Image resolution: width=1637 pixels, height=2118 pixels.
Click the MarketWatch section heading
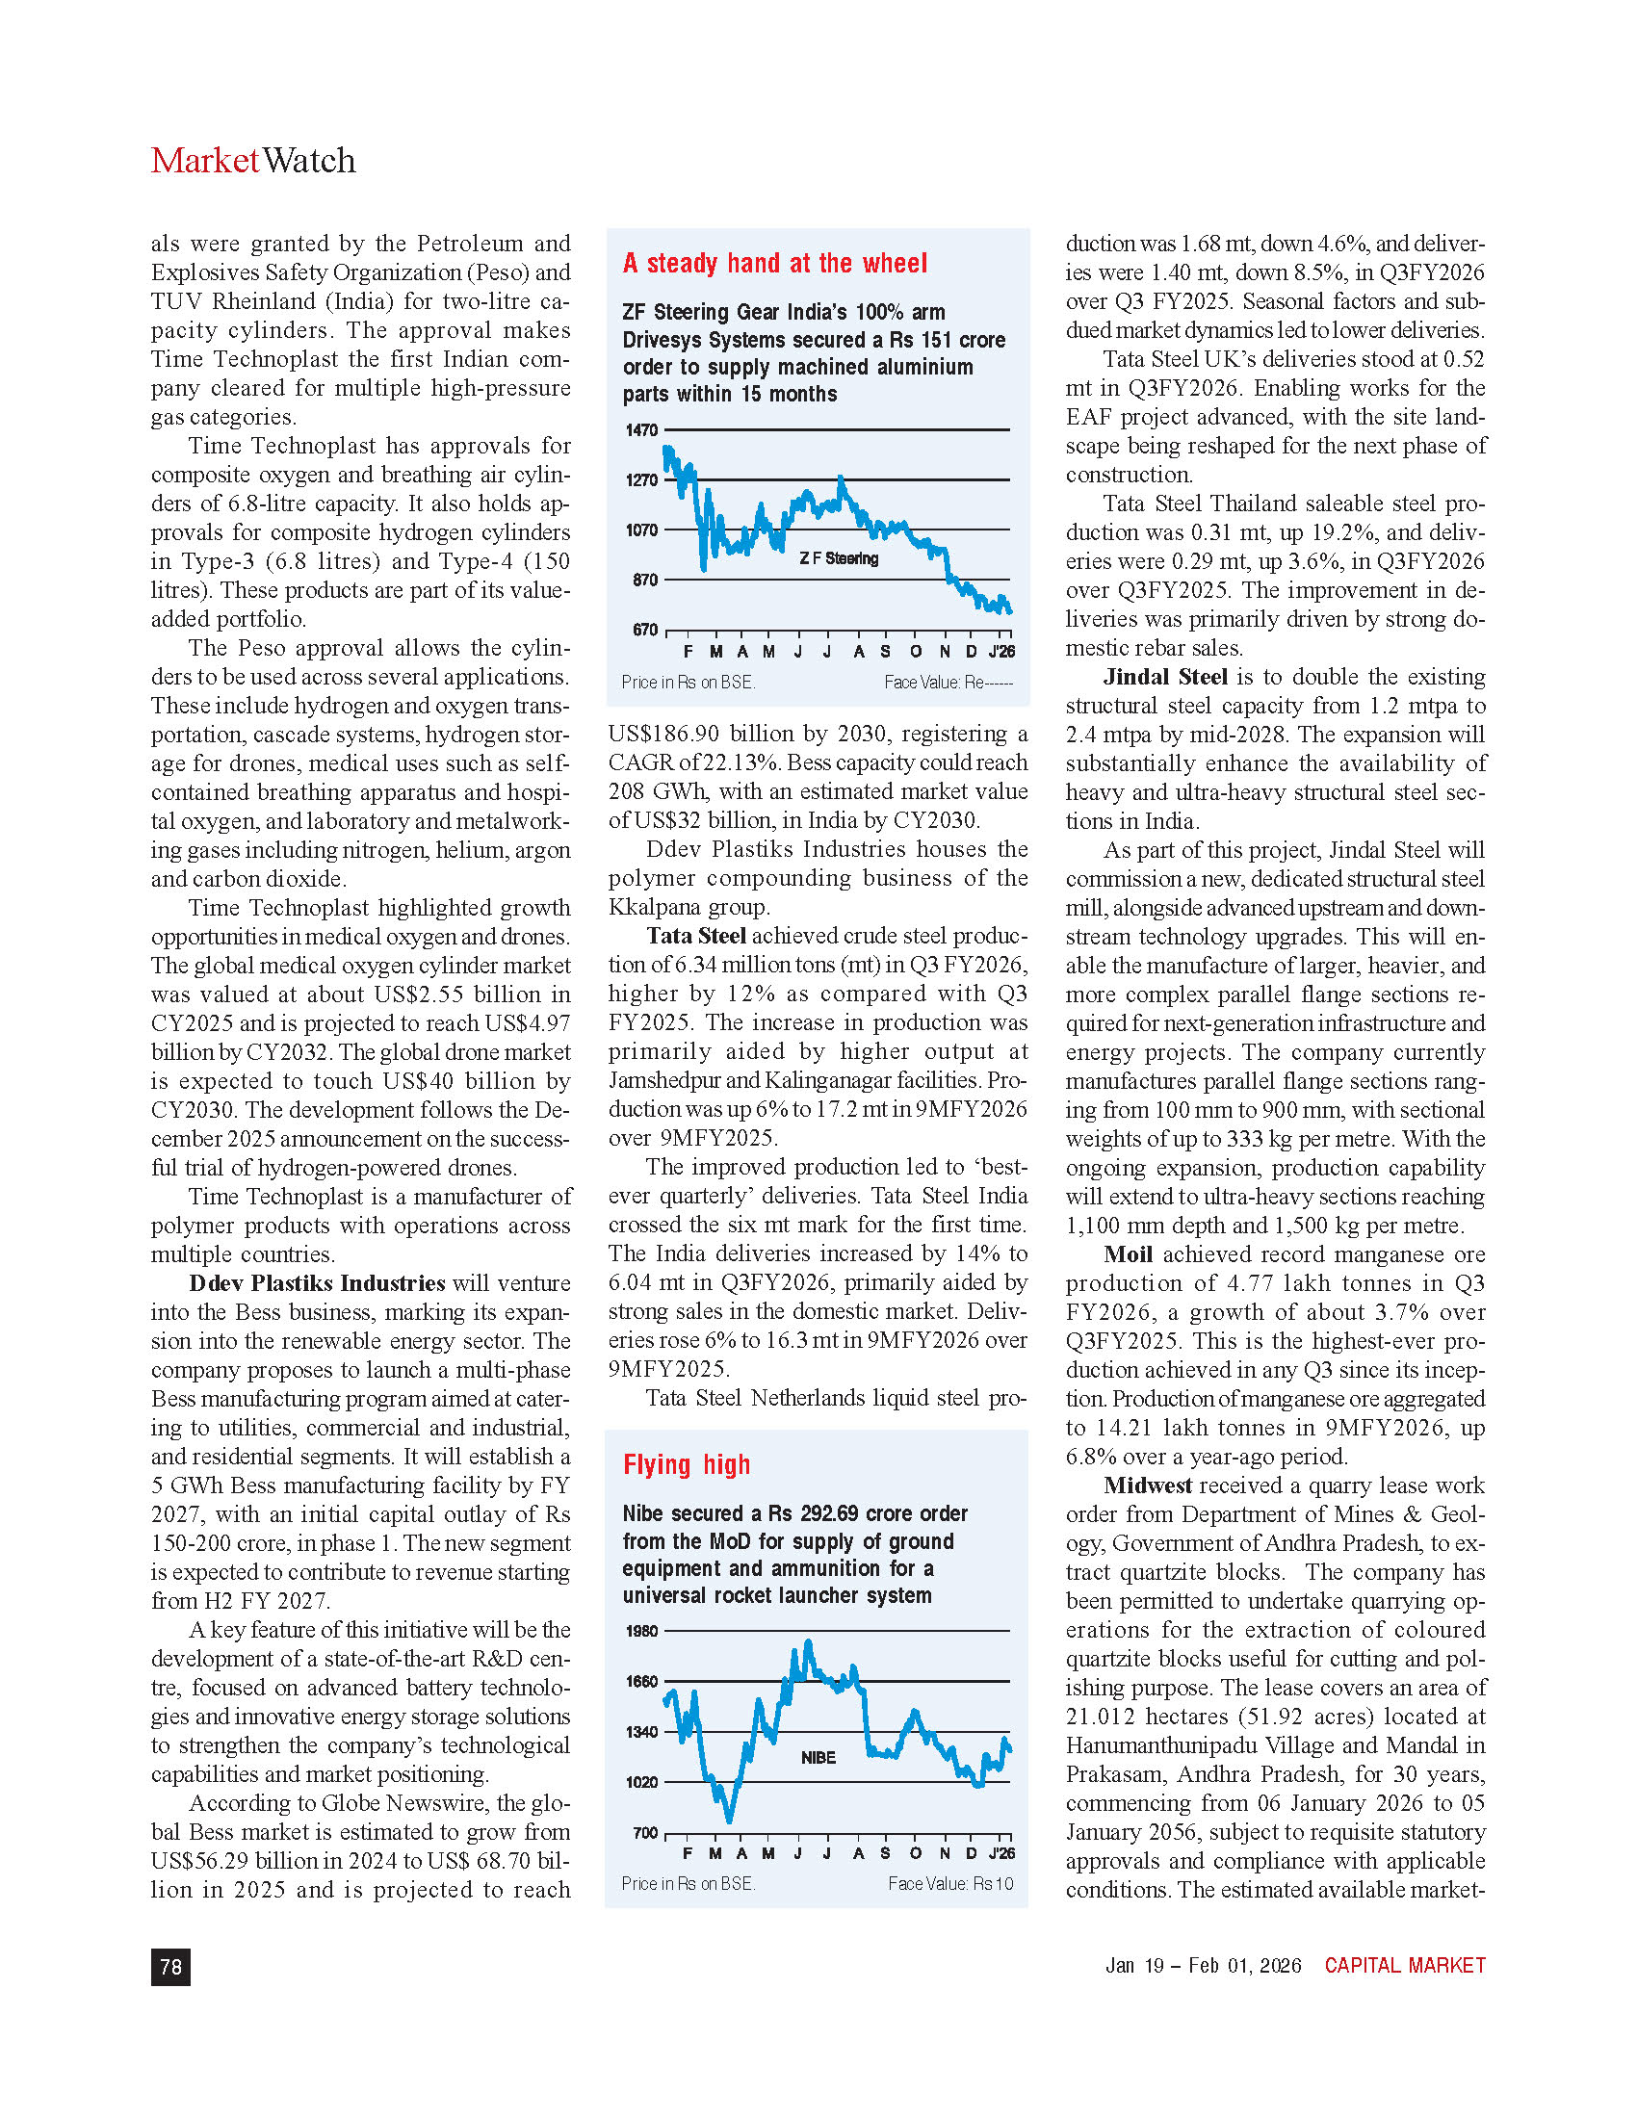click(x=253, y=160)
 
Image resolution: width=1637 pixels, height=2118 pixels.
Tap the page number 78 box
click(x=170, y=1966)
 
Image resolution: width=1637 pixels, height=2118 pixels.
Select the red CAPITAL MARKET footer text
click(x=1404, y=1966)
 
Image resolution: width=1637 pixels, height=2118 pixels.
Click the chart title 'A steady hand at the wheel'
click(x=775, y=264)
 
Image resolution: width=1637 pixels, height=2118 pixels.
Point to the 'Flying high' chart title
click(x=687, y=1464)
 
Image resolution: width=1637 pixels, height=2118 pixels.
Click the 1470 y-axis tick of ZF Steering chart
click(x=641, y=429)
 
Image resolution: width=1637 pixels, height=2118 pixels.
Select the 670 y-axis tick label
click(x=645, y=631)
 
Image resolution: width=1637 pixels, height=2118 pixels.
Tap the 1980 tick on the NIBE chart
click(x=641, y=1631)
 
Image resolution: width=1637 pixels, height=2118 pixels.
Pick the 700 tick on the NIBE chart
click(x=645, y=1833)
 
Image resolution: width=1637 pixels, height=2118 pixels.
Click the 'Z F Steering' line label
click(x=839, y=558)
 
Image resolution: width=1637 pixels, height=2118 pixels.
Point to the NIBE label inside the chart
click(x=818, y=1757)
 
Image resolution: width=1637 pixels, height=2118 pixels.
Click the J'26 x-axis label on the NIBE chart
click(x=1001, y=1853)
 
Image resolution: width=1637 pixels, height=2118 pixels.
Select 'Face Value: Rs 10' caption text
click(x=950, y=1883)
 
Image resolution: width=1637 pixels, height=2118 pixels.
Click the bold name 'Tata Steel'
click(x=696, y=936)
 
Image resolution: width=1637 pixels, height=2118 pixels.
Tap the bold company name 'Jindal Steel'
click(x=1165, y=677)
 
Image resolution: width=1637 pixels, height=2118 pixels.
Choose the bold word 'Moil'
click(x=1128, y=1253)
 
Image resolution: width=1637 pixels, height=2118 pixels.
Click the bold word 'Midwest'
click(x=1147, y=1485)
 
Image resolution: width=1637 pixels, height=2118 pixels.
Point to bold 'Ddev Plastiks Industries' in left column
click(x=317, y=1283)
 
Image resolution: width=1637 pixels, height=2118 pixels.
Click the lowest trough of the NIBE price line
click(x=729, y=1821)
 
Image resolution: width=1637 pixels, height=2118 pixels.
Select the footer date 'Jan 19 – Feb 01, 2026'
click(x=1203, y=1966)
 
